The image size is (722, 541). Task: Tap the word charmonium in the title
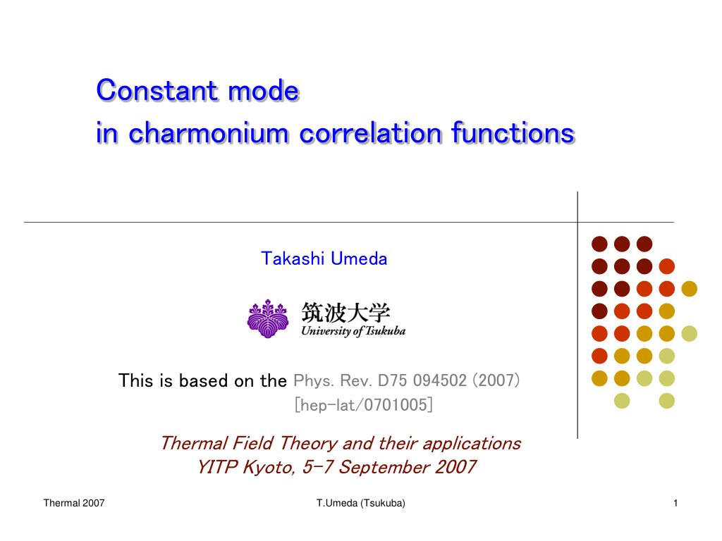[209, 133]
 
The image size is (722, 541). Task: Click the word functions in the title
[513, 133]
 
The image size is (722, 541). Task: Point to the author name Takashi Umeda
[324, 259]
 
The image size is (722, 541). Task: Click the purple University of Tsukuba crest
[268, 318]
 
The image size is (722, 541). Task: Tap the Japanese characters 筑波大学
[345, 313]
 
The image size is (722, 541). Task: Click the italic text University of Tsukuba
[353, 331]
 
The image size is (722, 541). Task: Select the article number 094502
[440, 380]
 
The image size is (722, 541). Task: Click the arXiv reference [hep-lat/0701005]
[364, 405]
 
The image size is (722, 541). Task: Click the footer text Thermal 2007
[73, 503]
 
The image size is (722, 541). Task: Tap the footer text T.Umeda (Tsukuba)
[360, 503]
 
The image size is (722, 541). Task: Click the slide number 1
[675, 503]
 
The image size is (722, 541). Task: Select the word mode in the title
[264, 90]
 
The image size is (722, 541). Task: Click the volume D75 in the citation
[393, 380]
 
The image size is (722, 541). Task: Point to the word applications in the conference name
[472, 444]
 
